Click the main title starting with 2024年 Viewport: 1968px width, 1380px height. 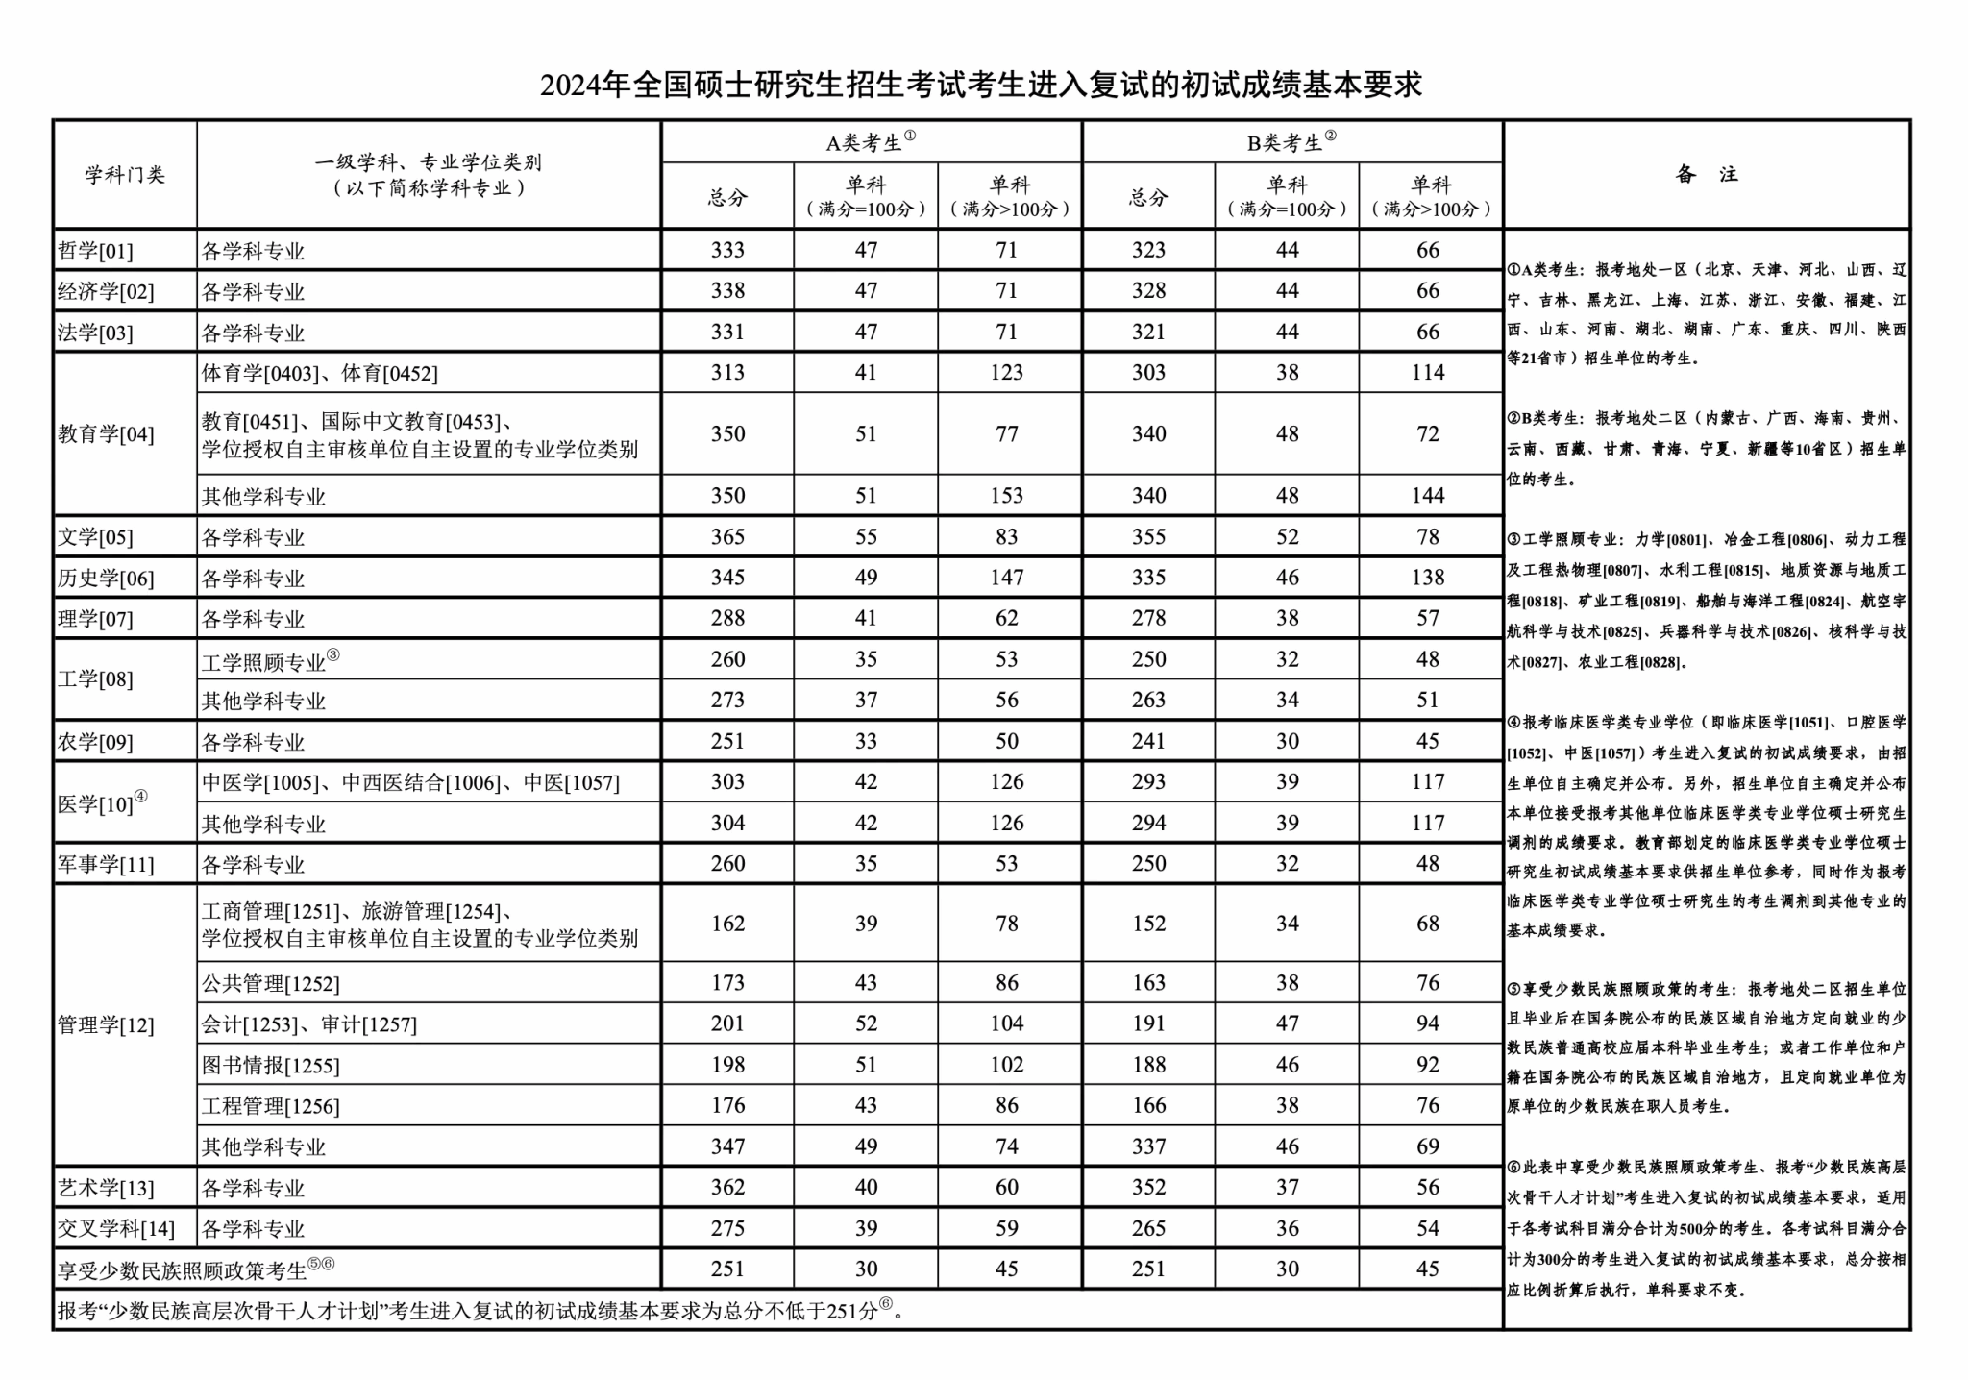point(981,86)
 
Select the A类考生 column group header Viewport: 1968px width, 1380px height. point(870,142)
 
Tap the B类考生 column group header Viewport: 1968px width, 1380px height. point(1291,142)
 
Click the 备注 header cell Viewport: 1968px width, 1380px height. point(1706,175)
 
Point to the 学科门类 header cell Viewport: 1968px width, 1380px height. point(125,175)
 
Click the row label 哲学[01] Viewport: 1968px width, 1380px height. point(96,251)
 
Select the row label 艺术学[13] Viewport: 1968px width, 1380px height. point(106,1188)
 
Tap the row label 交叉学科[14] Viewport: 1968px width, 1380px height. point(116,1228)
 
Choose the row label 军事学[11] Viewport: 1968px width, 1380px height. point(106,864)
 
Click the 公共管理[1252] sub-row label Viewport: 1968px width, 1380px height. point(270,983)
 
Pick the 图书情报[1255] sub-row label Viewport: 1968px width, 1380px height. point(270,1065)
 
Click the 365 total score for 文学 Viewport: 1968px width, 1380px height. point(727,536)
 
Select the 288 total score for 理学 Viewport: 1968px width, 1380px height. point(727,618)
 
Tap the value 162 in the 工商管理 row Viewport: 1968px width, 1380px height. point(727,924)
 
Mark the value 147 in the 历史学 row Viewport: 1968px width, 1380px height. point(1006,578)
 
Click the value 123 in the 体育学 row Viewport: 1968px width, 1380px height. point(1006,373)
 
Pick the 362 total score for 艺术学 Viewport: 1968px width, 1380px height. point(727,1187)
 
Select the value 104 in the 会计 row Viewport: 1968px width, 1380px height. point(1006,1023)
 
